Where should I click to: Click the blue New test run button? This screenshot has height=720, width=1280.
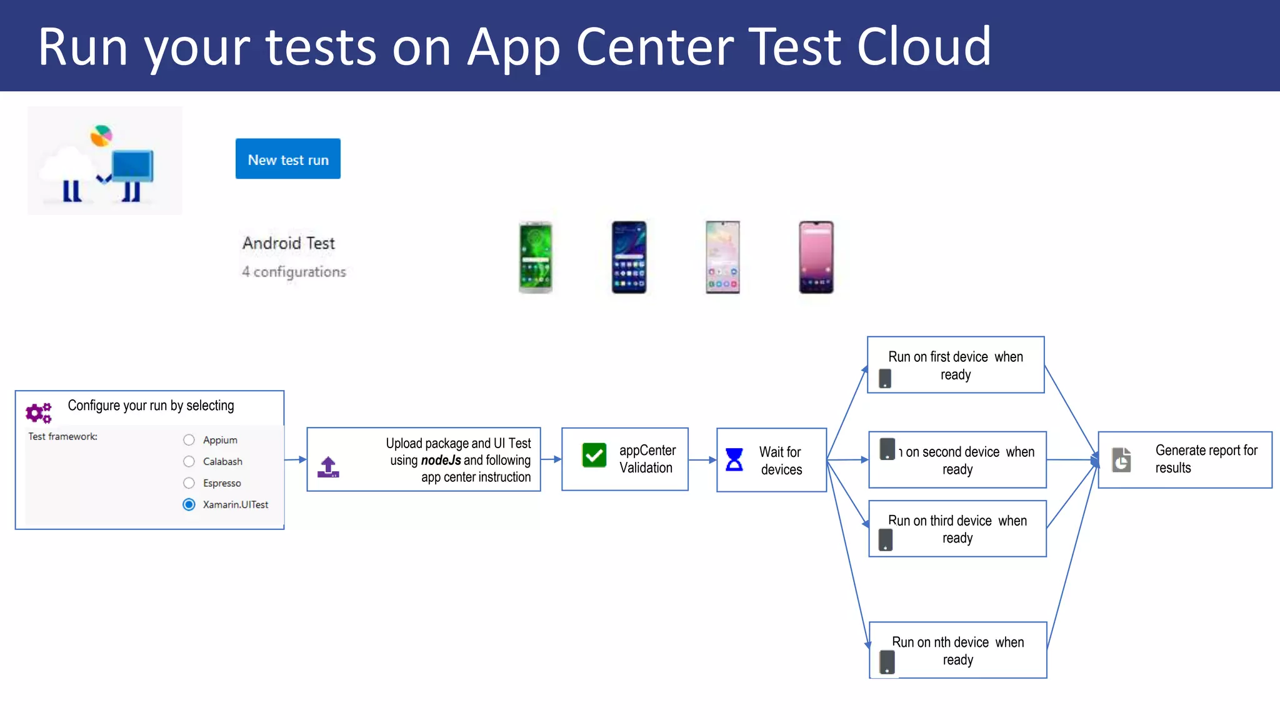coord(287,159)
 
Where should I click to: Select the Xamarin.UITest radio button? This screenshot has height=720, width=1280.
coord(189,504)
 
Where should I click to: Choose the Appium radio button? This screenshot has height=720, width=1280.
coord(189,440)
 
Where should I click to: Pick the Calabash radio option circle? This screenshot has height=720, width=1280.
coord(189,461)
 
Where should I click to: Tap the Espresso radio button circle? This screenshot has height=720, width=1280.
coord(189,483)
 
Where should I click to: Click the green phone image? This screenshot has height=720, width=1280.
coord(536,257)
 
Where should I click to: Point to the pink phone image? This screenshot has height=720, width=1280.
coord(816,257)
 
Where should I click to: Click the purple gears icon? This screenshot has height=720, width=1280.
coord(38,412)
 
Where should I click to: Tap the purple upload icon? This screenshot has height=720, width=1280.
coord(328,467)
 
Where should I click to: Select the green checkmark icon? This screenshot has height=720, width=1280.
coord(594,455)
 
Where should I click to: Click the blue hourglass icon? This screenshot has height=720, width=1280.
coord(734,459)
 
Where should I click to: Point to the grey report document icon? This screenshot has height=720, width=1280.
coord(1122,460)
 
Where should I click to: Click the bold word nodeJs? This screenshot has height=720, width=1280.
coord(441,461)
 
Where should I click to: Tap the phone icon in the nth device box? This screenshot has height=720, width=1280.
coord(887,662)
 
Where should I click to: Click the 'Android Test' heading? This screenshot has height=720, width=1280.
coord(289,243)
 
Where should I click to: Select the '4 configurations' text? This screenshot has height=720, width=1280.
coord(294,272)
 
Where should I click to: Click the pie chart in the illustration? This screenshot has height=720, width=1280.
coord(101,135)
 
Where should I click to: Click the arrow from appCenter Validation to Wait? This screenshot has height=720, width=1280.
coord(702,460)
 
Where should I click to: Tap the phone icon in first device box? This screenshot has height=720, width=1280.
coord(885,378)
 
